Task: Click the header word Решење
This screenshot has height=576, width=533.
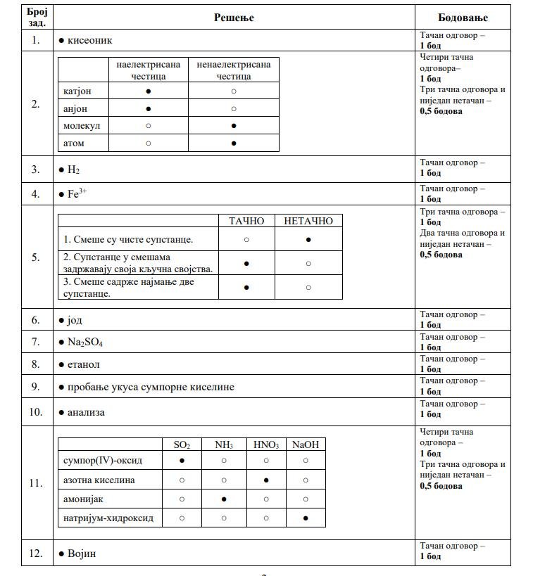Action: pyautogui.click(x=234, y=18)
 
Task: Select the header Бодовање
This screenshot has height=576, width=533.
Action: pyautogui.click(x=463, y=18)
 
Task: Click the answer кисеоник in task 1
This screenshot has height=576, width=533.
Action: pyautogui.click(x=89, y=40)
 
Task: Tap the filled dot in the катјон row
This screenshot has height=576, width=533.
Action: pyautogui.click(x=148, y=91)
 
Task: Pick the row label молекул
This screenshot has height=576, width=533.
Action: pyautogui.click(x=82, y=126)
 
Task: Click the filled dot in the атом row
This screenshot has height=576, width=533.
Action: pyautogui.click(x=234, y=143)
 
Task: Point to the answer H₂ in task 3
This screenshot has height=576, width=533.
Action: pyautogui.click(x=74, y=169)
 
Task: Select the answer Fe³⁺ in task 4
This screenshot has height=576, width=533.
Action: pyautogui.click(x=77, y=194)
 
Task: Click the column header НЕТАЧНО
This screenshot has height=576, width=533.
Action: pyautogui.click(x=308, y=221)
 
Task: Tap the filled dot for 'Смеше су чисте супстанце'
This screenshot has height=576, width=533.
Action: pyautogui.click(x=308, y=239)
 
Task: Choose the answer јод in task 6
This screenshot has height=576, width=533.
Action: pyautogui.click(x=75, y=320)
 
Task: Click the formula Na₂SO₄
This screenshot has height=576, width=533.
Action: pyautogui.click(x=86, y=342)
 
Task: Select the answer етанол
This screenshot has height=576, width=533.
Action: pyautogui.click(x=83, y=364)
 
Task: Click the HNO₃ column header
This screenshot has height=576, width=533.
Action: pyautogui.click(x=266, y=444)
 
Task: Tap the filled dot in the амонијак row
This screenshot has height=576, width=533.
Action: pyautogui.click(x=224, y=499)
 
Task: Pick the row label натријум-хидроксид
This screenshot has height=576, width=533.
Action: pyautogui.click(x=108, y=518)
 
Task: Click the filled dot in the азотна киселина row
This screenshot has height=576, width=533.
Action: pyautogui.click(x=266, y=480)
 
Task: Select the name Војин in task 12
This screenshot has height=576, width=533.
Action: pyautogui.click(x=81, y=553)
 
